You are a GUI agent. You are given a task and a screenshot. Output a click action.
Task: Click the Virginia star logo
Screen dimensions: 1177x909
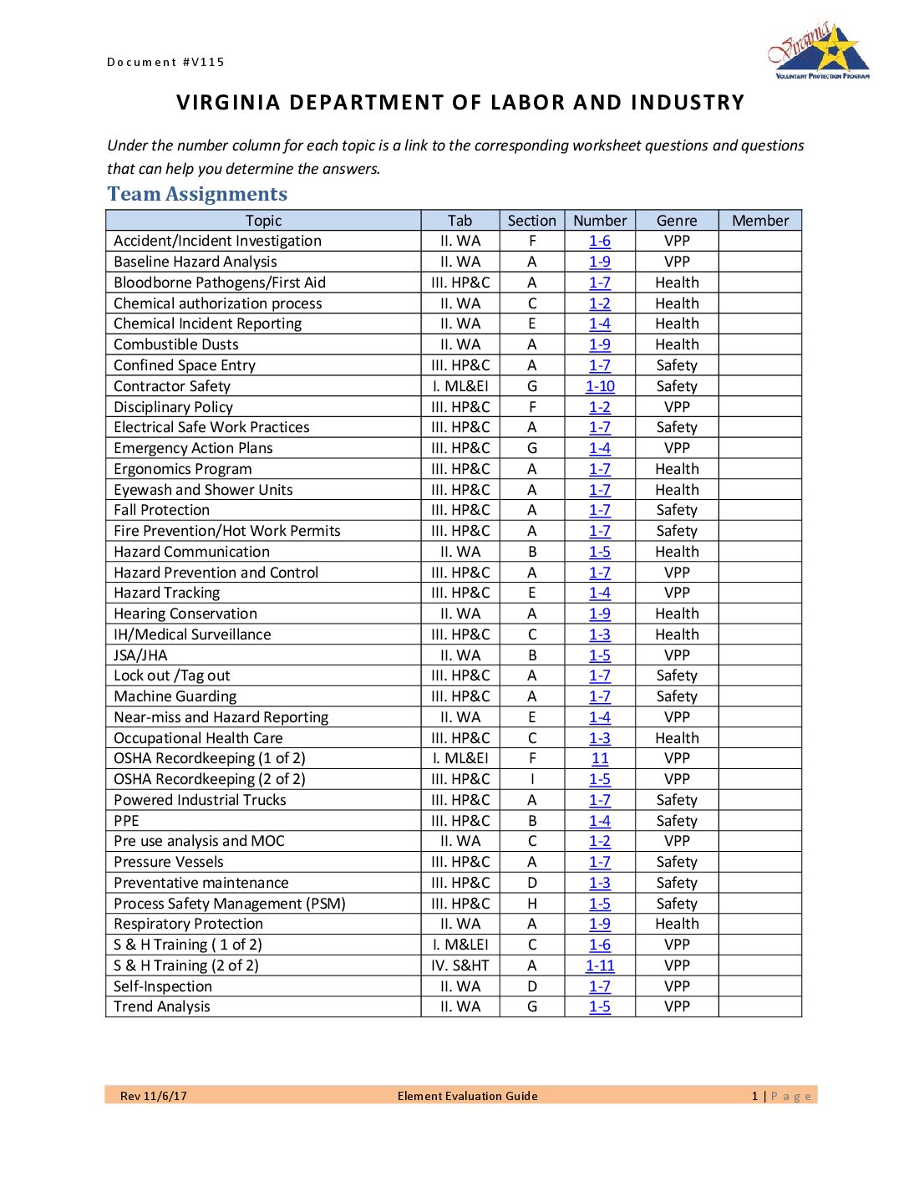[819, 52]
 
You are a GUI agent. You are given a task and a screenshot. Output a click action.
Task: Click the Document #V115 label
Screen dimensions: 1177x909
[165, 62]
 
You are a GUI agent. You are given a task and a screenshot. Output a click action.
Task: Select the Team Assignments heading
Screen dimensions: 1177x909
[197, 194]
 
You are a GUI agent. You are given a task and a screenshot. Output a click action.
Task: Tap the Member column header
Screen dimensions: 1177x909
[759, 221]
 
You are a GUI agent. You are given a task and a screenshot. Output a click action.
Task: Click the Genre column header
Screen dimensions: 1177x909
[677, 221]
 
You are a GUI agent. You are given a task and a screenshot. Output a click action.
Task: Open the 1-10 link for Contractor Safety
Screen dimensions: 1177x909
[600, 386]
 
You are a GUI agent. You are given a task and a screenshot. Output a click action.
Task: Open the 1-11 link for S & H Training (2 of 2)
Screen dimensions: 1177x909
[600, 966]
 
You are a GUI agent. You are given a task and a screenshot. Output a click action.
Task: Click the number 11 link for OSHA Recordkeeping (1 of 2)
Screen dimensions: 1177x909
[600, 758]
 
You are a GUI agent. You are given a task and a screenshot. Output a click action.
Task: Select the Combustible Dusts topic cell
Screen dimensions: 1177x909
[176, 344]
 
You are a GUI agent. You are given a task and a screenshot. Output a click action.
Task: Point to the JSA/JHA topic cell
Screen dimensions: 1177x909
[140, 655]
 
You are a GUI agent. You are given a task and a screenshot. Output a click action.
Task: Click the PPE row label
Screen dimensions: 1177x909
[126, 821]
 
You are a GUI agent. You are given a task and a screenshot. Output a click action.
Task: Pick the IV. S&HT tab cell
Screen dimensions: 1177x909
[460, 966]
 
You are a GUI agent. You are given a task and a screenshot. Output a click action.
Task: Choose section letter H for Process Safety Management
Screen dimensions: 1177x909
[532, 904]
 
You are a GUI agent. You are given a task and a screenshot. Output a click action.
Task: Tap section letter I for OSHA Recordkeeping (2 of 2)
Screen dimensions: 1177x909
[532, 779]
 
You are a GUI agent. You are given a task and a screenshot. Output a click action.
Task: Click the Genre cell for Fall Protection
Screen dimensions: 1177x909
[677, 510]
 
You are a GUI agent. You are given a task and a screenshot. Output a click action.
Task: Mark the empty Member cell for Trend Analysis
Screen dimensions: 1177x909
[759, 1006]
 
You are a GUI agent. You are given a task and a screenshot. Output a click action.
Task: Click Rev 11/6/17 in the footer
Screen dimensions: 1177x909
[154, 1096]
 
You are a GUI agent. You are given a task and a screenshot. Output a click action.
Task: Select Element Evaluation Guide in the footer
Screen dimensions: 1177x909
[467, 1096]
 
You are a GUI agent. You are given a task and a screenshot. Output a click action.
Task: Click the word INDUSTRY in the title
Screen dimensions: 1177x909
[688, 103]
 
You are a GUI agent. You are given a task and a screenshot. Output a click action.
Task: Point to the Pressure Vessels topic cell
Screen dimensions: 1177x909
[169, 862]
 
